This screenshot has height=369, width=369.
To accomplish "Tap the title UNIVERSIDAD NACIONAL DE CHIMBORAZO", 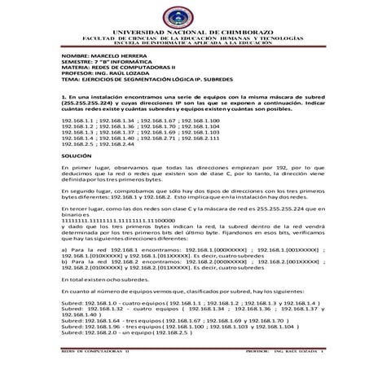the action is (184, 9).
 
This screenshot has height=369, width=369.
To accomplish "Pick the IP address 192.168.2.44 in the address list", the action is (121, 143).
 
